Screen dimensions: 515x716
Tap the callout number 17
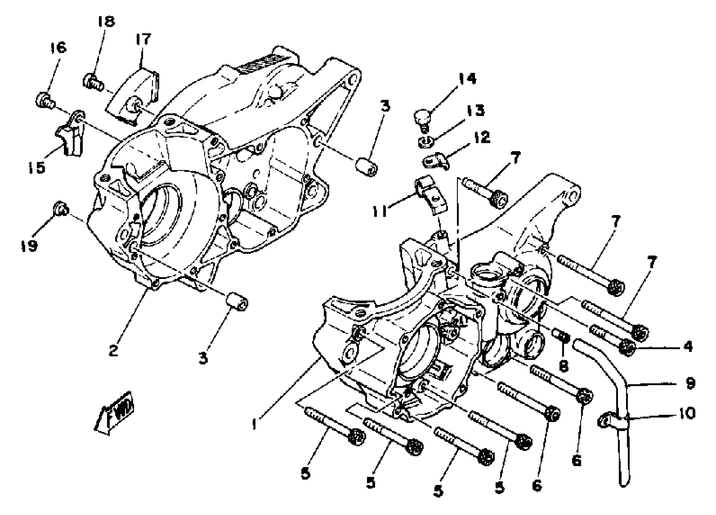click(143, 39)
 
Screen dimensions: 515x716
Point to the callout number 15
click(37, 168)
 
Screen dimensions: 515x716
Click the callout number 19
click(29, 245)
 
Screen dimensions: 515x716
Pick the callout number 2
click(113, 351)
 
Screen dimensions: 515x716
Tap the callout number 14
click(467, 79)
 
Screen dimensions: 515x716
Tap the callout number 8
click(563, 367)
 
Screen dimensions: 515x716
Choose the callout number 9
click(691, 383)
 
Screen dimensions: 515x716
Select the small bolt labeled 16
click(44, 101)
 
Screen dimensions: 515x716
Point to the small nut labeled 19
click(59, 208)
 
